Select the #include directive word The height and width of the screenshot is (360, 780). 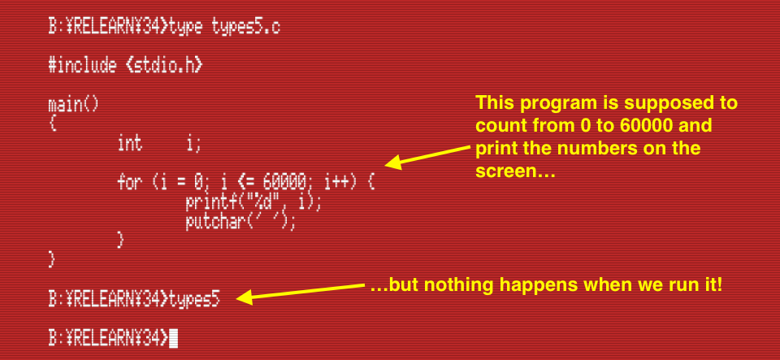pyautogui.click(x=82, y=66)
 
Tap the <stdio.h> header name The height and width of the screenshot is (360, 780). pyautogui.click(x=164, y=66)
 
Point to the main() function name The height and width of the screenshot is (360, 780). pyautogui.click(x=74, y=104)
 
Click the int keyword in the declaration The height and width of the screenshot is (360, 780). pyautogui.click(x=129, y=143)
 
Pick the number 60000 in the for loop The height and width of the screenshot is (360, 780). pyautogui.click(x=284, y=183)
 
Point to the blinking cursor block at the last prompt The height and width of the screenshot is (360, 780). pyautogui.click(x=173, y=338)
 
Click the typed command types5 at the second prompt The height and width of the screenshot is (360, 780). pyautogui.click(x=194, y=300)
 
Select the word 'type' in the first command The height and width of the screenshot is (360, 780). pyautogui.click(x=185, y=28)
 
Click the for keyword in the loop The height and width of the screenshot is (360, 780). pyautogui.click(x=130, y=183)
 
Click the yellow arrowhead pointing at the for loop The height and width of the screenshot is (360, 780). pyautogui.click(x=393, y=163)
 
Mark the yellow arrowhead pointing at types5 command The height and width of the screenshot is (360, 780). pyautogui.click(x=244, y=297)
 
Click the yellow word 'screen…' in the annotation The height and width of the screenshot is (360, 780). pyautogui.click(x=515, y=171)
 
